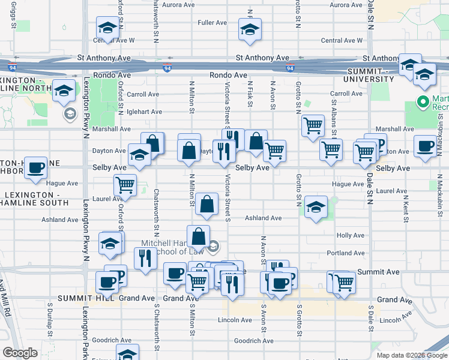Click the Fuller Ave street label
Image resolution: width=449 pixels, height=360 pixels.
(212, 23)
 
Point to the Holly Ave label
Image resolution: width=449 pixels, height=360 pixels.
(351, 236)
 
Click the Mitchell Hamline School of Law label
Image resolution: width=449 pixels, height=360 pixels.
(174, 248)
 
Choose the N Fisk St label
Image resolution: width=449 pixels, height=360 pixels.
(250, 96)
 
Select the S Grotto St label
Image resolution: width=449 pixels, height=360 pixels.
(299, 321)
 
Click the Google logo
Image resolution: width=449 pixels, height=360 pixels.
(20, 353)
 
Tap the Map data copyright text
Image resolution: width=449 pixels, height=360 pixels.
(411, 355)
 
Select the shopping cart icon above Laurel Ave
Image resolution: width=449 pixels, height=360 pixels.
(125, 184)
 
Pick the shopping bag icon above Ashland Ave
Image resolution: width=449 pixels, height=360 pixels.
(206, 203)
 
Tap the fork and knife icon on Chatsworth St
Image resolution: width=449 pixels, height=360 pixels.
(145, 258)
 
